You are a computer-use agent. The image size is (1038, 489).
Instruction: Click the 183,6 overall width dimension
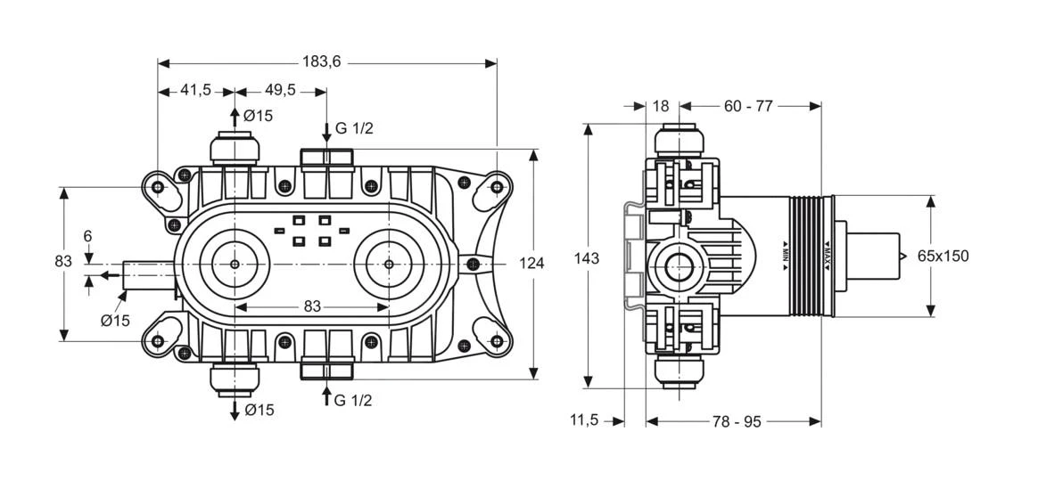point(322,61)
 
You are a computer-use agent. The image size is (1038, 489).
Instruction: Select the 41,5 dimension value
point(195,90)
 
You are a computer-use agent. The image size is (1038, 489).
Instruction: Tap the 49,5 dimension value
point(280,90)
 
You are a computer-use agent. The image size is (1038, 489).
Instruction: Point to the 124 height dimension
point(531,263)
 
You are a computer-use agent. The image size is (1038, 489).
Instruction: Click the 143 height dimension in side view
point(587,258)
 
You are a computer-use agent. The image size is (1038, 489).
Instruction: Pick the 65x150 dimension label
point(943,257)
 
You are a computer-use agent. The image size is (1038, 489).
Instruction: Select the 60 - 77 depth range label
point(747,106)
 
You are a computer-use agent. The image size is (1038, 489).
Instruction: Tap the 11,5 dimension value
point(585,420)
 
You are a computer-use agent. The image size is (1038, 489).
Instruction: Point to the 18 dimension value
point(660,106)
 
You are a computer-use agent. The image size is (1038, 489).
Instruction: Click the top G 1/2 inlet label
point(354,129)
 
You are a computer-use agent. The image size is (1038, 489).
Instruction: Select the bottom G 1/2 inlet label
point(354,400)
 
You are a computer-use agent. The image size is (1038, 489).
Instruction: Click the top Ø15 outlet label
point(258,116)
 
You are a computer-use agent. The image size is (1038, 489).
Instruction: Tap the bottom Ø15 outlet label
point(258,410)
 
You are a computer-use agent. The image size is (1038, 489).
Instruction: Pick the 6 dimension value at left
point(87,237)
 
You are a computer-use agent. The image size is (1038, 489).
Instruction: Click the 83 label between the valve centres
point(311,306)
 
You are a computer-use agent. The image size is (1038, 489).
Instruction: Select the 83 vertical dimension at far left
point(63,262)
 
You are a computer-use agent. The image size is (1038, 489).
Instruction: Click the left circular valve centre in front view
point(234,265)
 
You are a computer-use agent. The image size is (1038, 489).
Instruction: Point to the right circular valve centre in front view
point(388,265)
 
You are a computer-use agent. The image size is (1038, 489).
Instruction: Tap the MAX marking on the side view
point(827,256)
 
